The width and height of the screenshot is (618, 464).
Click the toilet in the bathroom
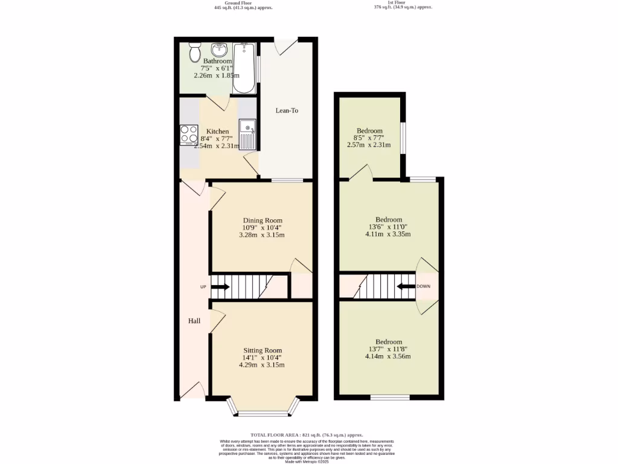pos(194,53)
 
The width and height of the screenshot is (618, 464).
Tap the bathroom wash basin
pos(218,50)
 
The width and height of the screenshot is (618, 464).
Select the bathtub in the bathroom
pos(244,68)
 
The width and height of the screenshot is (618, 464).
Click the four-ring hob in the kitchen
pos(189,135)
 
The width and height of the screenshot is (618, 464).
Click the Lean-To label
pos(287,111)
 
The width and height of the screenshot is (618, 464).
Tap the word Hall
pos(194,321)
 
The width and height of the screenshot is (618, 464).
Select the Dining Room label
pos(262,221)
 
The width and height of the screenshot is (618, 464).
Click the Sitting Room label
pos(262,350)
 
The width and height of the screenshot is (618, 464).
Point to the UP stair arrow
pos(218,286)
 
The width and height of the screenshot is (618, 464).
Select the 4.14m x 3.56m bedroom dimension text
pos(388,356)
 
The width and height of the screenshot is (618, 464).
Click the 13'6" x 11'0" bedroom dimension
pos(388,227)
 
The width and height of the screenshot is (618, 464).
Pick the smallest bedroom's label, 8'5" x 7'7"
pos(369,138)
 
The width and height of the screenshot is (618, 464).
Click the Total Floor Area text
pos(307,435)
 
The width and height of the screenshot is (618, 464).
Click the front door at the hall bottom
pos(192,391)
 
